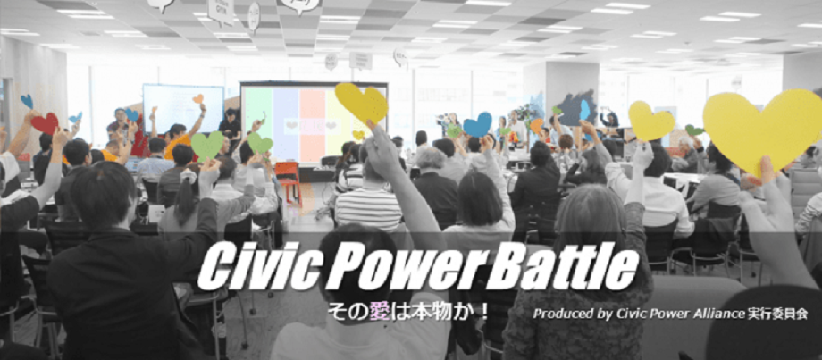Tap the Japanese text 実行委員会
(x=777, y=314)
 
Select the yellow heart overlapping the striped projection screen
(x=362, y=104)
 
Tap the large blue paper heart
(x=477, y=125)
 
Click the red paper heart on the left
(x=45, y=123)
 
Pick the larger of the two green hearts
(x=207, y=145)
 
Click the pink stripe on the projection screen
(x=312, y=125)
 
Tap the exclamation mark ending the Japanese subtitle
(x=485, y=314)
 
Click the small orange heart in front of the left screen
(x=197, y=98)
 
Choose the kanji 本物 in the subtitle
(x=433, y=314)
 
